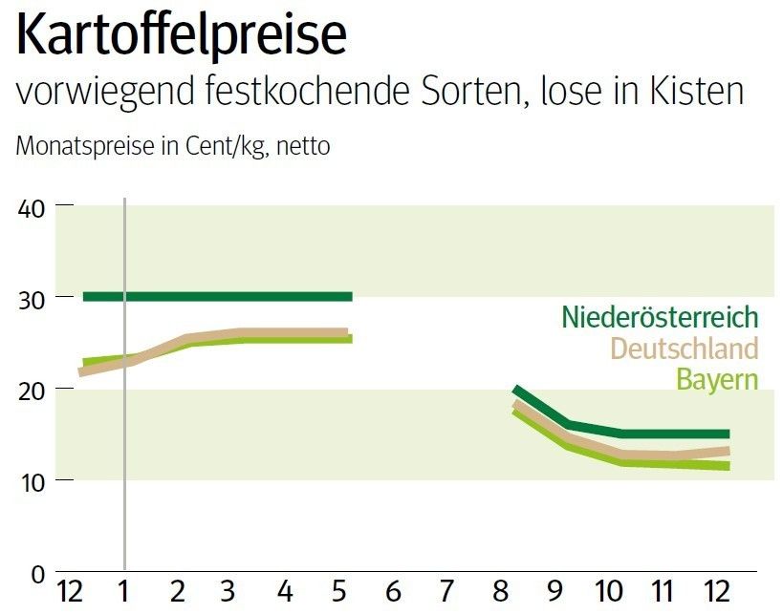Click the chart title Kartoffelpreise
(x=182, y=36)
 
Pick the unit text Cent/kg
(x=222, y=148)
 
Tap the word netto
(x=303, y=148)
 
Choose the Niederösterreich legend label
(x=660, y=316)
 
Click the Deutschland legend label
(x=684, y=348)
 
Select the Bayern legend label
(x=717, y=379)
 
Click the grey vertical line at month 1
(x=125, y=430)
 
